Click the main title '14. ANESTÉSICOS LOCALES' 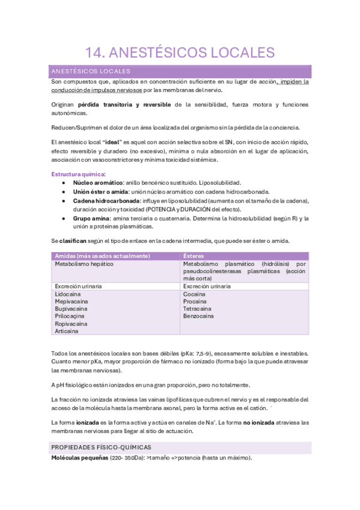click(x=180, y=52)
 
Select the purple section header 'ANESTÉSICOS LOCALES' click(x=91, y=71)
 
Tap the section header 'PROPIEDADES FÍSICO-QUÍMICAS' click(x=101, y=447)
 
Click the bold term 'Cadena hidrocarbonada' click(x=106, y=200)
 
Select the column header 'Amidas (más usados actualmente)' click(x=102, y=256)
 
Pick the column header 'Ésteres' click(x=194, y=256)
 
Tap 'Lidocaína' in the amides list click(x=70, y=295)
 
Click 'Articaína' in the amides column click(x=67, y=331)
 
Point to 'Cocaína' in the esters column click(x=194, y=295)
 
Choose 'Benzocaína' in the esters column click(x=198, y=316)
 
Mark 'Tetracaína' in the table click(x=198, y=309)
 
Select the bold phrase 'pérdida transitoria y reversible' click(x=120, y=104)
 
